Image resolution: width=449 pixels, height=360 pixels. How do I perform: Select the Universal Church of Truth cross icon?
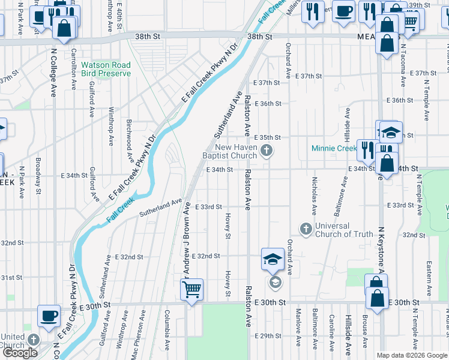(306, 229)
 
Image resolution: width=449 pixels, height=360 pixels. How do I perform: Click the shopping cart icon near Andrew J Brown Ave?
(191, 290)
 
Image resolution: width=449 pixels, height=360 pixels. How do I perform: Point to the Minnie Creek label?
(334, 148)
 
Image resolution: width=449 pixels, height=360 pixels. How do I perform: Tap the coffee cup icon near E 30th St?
(49, 315)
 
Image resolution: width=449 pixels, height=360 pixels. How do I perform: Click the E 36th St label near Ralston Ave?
(267, 103)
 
